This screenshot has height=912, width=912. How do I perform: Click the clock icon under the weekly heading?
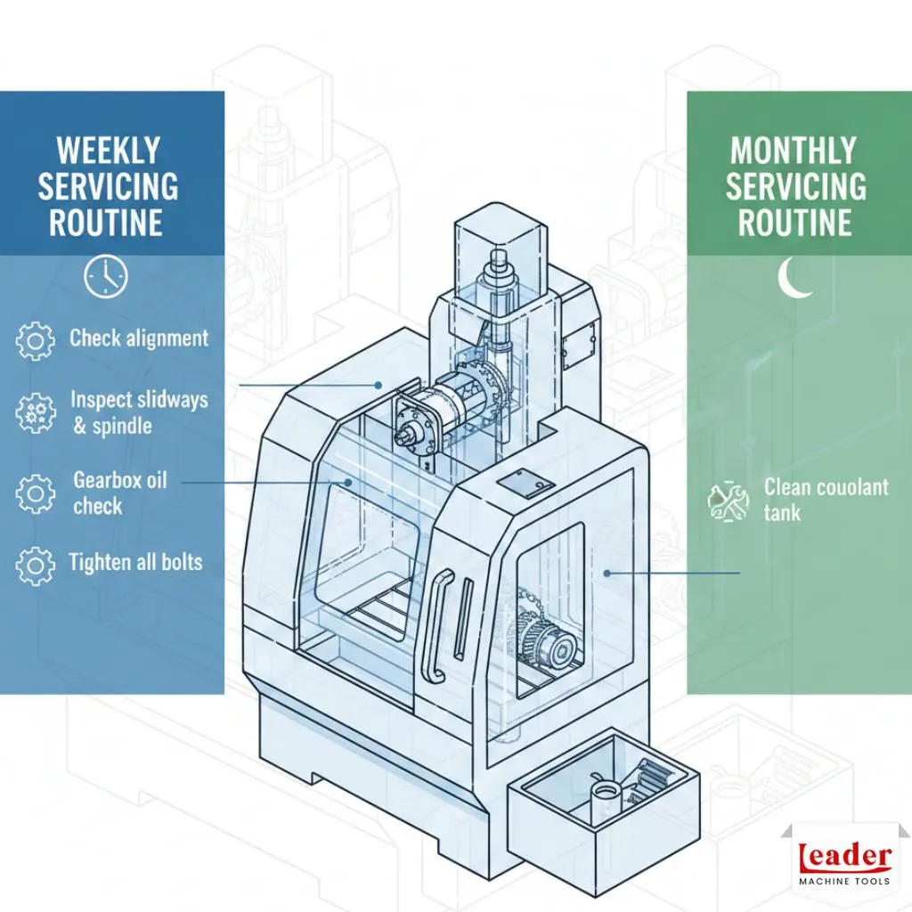(x=105, y=277)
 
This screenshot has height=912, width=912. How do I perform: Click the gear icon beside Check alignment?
(x=37, y=340)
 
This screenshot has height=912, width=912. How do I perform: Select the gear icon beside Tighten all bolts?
(x=37, y=564)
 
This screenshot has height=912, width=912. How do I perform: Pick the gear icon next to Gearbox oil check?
(x=37, y=493)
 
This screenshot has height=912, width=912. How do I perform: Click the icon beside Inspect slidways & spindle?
(x=37, y=412)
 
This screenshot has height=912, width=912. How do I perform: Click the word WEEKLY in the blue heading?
(x=108, y=151)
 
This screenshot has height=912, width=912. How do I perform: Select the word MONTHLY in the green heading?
(x=794, y=151)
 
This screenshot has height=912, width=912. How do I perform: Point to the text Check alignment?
(x=139, y=338)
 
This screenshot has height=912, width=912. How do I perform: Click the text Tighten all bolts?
(x=135, y=562)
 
